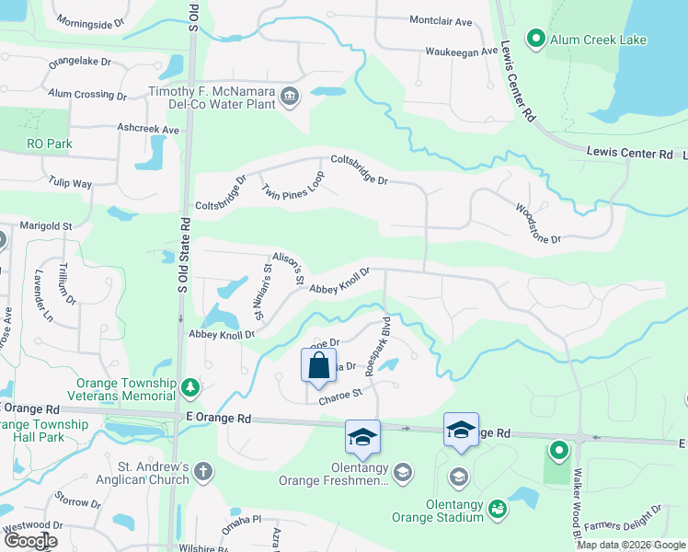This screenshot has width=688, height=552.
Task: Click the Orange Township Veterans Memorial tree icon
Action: [x=189, y=387]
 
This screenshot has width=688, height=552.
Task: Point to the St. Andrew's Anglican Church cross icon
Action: [x=203, y=472]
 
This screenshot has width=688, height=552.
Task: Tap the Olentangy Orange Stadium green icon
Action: [x=497, y=508]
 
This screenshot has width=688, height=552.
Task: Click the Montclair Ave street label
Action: [x=440, y=20]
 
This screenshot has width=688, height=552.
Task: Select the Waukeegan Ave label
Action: [x=461, y=52]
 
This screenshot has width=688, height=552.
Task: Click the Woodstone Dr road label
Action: [x=538, y=224]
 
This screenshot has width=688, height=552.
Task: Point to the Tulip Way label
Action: [x=70, y=183]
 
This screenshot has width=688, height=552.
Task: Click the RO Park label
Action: [x=49, y=144]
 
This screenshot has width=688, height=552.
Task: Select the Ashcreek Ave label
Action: [x=147, y=130]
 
